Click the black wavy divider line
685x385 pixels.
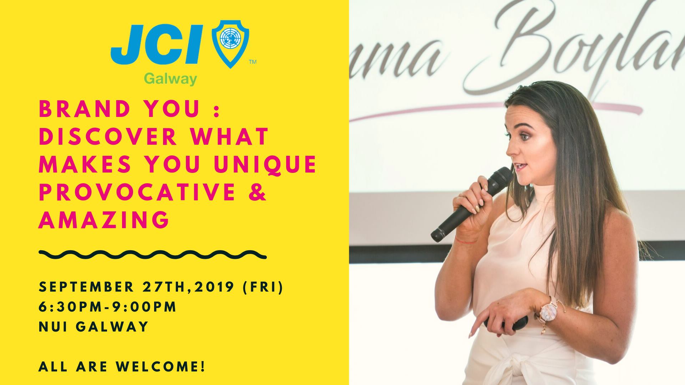153,255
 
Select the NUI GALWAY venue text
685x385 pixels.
93,327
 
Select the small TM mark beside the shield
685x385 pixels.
252,62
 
